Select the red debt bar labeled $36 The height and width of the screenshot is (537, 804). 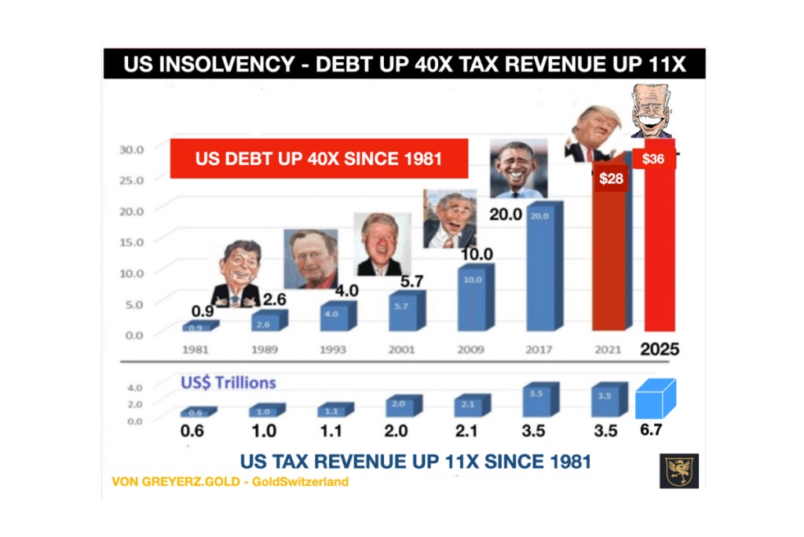(x=660, y=252)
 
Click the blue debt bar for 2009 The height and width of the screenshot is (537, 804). (x=473, y=299)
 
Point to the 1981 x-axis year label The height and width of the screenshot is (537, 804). (x=195, y=349)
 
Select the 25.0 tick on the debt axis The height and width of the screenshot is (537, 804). (x=130, y=180)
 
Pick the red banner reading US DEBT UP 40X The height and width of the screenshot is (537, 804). (x=319, y=158)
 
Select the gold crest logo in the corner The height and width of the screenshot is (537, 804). (x=678, y=470)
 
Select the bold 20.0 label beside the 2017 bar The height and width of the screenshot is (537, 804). (x=506, y=213)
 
